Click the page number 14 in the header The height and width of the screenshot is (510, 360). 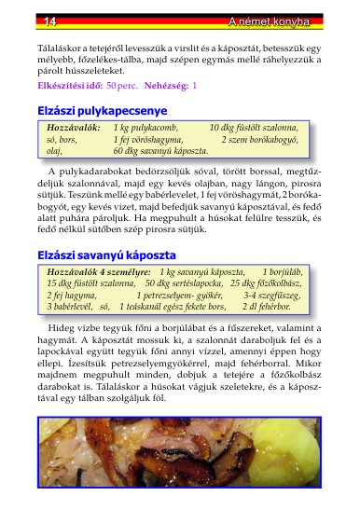[24, 20]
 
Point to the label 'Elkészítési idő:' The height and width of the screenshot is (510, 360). [69, 85]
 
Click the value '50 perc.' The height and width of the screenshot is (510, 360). [123, 85]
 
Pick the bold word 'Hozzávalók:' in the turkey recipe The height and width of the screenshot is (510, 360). [74, 126]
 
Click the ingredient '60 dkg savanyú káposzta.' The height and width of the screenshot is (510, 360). [160, 150]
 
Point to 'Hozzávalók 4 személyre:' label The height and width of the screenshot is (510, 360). [99, 269]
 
